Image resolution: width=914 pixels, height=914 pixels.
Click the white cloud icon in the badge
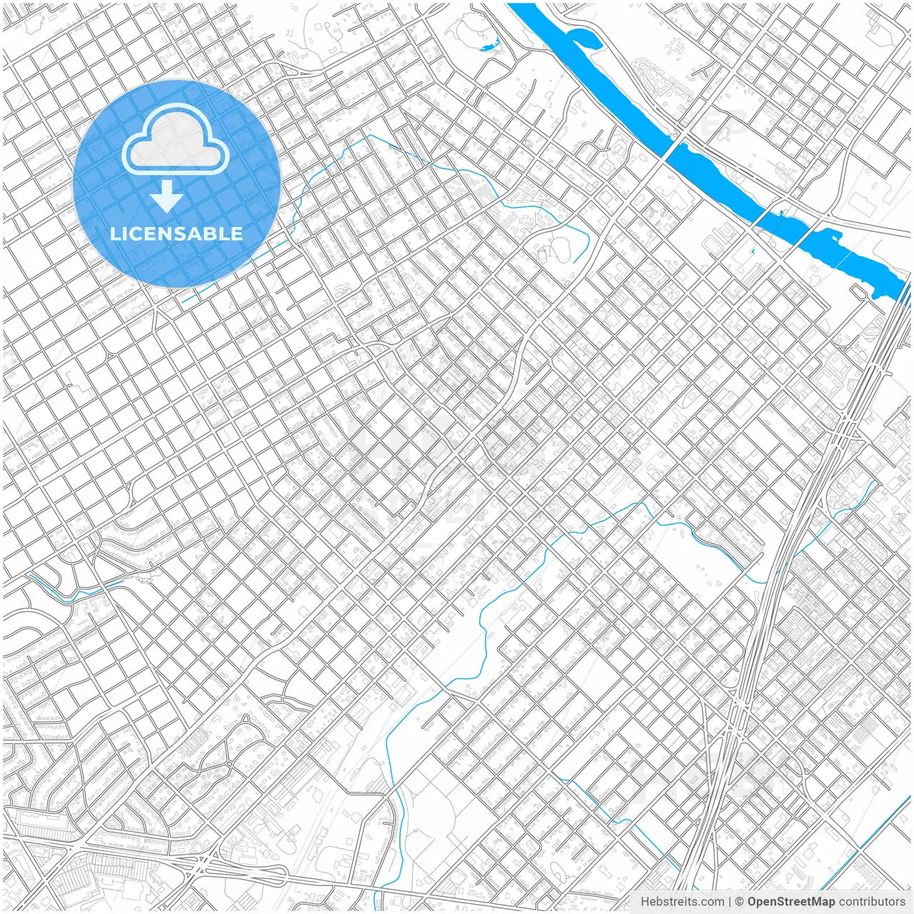(x=176, y=139)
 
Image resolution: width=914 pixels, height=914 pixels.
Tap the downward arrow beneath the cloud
(x=166, y=196)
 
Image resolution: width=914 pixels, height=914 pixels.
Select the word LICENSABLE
(x=176, y=233)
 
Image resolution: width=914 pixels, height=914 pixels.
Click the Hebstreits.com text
(x=681, y=902)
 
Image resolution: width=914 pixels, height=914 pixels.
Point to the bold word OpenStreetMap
(x=790, y=902)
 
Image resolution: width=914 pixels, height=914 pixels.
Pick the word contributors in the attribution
(x=871, y=902)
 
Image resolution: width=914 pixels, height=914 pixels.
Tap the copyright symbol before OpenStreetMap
(x=739, y=902)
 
